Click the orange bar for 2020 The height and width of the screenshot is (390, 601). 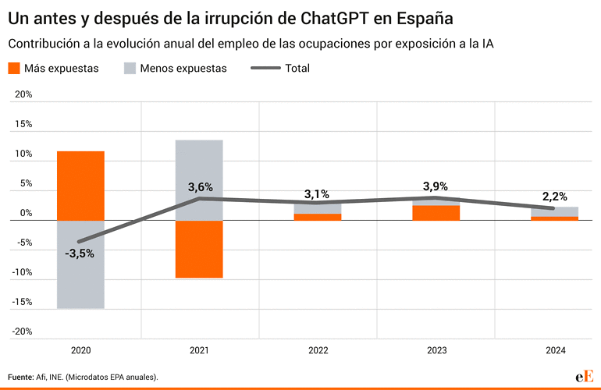point(80,186)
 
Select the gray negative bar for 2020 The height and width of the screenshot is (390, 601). point(80,264)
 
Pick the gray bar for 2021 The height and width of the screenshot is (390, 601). point(199,180)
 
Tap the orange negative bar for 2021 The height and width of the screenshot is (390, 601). point(199,250)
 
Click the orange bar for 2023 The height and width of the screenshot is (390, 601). point(436,213)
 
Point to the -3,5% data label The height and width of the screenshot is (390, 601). point(80,253)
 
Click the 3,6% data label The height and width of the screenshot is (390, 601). point(200,187)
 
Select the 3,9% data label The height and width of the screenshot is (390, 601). point(436,186)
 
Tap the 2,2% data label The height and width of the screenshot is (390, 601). point(554,196)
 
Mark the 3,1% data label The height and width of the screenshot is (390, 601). point(317,193)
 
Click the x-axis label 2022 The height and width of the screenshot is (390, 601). point(317,352)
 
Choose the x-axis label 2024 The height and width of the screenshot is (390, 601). point(554,352)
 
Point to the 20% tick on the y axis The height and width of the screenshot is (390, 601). point(23,94)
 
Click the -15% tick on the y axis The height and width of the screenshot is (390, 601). point(22,302)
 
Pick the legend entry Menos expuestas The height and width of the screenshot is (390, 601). point(175,68)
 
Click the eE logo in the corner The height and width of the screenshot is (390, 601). point(584,376)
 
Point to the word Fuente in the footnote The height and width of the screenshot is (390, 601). point(20,377)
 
